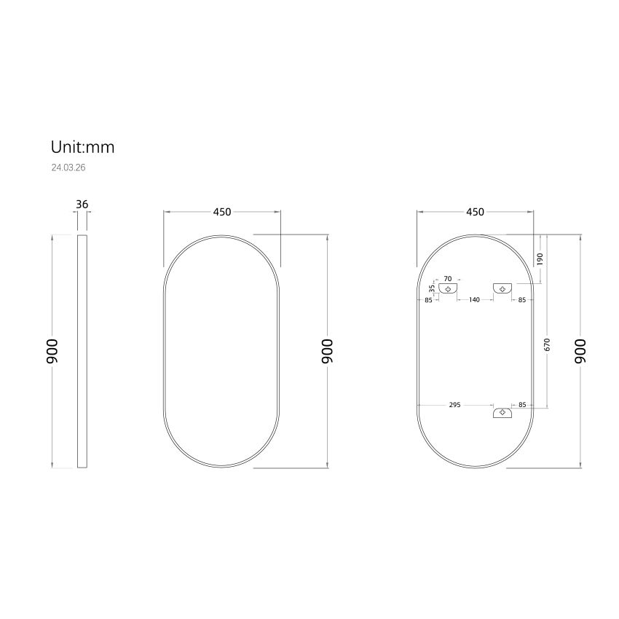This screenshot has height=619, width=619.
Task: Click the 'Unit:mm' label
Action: point(82,147)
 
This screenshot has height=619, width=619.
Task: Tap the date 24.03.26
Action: point(68,167)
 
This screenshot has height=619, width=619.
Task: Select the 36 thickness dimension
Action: point(82,205)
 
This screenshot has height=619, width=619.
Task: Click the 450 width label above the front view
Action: point(221,212)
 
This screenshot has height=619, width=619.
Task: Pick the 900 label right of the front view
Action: point(328,351)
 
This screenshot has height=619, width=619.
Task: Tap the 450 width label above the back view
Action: point(474,212)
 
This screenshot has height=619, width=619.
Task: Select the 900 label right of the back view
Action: point(580,351)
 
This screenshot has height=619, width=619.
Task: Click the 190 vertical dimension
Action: point(540,259)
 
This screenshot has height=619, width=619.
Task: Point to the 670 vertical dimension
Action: point(547,345)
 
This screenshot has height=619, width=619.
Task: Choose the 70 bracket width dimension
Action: point(448,279)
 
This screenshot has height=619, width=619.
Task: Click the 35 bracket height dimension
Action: point(432,288)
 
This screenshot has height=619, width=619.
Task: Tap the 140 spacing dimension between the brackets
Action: point(473,299)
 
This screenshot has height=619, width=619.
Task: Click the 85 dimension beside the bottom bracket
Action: point(521,405)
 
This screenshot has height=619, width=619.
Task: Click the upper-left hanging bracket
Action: point(449,288)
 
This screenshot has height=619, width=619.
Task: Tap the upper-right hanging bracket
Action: point(502,288)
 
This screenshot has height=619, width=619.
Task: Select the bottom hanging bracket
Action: point(502,413)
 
